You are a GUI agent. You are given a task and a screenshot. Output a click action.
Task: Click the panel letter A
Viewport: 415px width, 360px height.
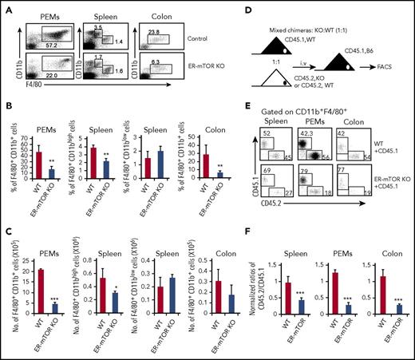tap(6, 6)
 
